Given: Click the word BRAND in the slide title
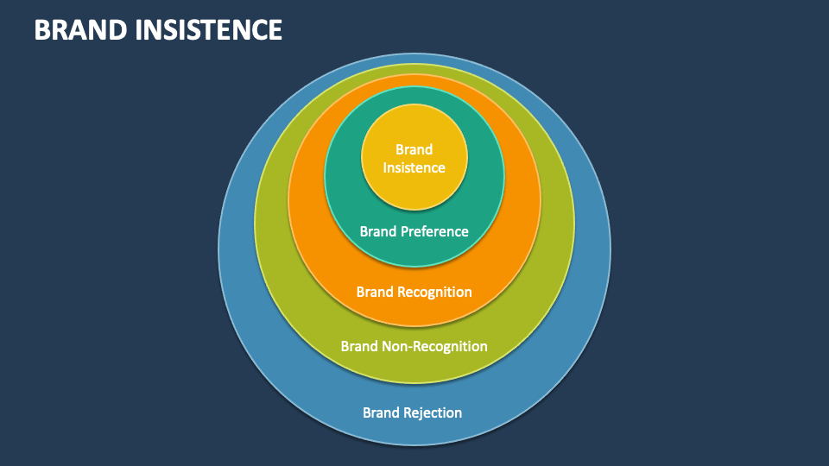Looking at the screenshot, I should (x=82, y=30).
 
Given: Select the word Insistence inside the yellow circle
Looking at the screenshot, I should (x=414, y=167).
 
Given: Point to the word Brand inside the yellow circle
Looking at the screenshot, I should (x=414, y=149).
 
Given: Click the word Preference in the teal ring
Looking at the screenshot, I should (x=433, y=231).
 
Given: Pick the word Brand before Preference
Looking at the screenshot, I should (x=378, y=231).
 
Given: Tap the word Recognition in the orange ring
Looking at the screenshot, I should (x=434, y=292).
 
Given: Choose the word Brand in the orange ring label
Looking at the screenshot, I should (x=375, y=292).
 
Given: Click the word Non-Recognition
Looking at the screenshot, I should (x=434, y=346).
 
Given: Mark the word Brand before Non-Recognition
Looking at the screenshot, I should (x=359, y=346).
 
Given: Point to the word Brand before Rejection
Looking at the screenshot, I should (x=381, y=412).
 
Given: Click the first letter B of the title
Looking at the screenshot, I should (x=41, y=30).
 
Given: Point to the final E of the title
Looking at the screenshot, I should (x=275, y=30).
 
